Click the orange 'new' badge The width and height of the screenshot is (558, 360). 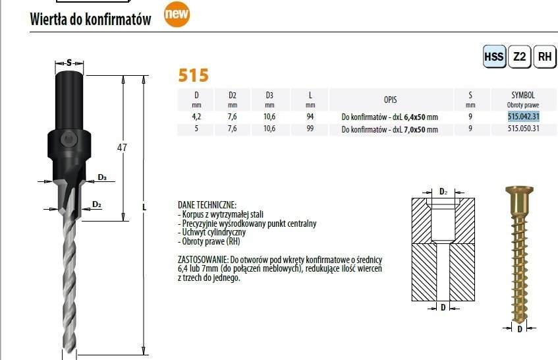(x=177, y=15)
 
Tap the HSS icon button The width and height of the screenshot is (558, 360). (x=494, y=57)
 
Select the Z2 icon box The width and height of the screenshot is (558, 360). (x=520, y=57)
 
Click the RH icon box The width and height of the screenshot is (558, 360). (x=545, y=57)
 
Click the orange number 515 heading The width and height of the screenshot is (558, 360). (x=193, y=75)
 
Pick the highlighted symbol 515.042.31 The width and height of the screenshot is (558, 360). (x=524, y=117)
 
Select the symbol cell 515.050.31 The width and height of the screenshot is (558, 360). (x=524, y=128)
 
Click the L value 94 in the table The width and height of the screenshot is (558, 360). (x=310, y=117)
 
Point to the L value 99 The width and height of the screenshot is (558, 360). (x=310, y=128)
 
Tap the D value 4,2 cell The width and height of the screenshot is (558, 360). (x=196, y=117)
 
